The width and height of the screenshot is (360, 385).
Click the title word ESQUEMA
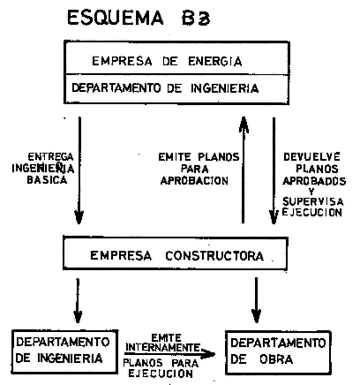(x=116, y=18)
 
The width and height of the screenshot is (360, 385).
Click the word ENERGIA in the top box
(x=215, y=61)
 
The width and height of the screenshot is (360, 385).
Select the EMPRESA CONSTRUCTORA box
(x=176, y=253)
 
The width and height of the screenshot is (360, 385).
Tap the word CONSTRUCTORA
(x=214, y=255)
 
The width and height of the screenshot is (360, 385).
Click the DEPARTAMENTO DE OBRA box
(x=278, y=352)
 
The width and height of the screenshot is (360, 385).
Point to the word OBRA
(x=276, y=359)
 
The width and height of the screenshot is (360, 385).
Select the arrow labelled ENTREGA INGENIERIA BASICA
(x=79, y=170)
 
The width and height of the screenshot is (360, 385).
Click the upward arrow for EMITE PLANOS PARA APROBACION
(x=244, y=170)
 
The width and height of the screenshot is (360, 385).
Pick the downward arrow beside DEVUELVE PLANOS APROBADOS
(x=274, y=170)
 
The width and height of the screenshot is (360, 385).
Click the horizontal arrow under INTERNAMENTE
(x=169, y=353)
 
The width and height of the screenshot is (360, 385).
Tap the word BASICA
(x=47, y=180)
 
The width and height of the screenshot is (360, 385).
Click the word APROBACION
(x=194, y=180)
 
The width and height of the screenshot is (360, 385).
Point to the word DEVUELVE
(x=311, y=157)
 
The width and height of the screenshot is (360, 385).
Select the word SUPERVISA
(x=312, y=201)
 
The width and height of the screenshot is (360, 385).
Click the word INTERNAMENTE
(x=162, y=348)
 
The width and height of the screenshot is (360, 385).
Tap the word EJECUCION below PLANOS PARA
(x=161, y=374)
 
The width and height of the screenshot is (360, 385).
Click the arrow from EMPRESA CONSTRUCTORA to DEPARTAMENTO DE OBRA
(x=256, y=300)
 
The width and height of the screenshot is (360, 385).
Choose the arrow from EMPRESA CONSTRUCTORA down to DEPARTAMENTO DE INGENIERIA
(x=78, y=300)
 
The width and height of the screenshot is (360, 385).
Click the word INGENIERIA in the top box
(x=225, y=88)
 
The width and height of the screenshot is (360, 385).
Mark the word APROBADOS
(x=314, y=180)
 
